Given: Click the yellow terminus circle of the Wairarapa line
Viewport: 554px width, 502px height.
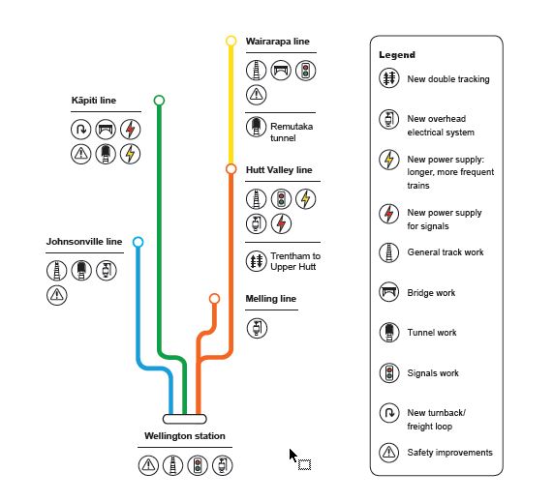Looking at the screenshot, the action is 231,36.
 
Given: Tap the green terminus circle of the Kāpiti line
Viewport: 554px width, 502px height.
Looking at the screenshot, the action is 159,95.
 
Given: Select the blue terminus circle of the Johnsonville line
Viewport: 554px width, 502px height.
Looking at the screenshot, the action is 138,237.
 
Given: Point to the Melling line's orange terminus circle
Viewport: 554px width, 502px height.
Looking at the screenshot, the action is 214,294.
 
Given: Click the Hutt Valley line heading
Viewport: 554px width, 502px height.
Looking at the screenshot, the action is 279,170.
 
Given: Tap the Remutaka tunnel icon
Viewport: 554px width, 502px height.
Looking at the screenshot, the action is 256,127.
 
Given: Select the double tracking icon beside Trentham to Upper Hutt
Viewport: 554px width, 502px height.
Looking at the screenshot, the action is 256,261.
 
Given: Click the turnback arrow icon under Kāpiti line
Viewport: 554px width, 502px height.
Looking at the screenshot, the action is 81,129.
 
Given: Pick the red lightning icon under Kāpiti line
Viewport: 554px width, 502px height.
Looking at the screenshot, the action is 131,129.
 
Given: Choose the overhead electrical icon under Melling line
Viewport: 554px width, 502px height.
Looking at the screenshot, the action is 257,328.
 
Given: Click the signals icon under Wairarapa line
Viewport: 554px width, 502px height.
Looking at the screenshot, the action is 306,71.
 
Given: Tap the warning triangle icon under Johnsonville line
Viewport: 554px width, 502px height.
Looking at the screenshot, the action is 56,295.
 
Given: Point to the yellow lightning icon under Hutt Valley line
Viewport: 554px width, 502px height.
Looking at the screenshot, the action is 306,199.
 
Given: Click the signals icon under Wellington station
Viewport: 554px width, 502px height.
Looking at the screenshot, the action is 198,465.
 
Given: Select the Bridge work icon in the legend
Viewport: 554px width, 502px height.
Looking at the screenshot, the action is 389,292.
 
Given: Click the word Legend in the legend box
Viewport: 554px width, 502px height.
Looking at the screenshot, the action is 397,55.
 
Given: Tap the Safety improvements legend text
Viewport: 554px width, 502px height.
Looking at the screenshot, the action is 449,453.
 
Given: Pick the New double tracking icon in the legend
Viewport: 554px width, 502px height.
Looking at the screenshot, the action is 389,78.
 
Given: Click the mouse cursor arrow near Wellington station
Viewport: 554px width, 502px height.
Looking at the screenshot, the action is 292,455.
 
